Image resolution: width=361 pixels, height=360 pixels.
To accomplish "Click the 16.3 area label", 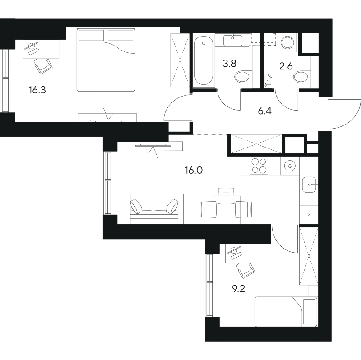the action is pos(37,90).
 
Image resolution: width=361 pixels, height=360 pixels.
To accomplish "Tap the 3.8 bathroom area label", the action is pos(230,63).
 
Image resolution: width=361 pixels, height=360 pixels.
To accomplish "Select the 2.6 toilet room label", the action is pos(286,66).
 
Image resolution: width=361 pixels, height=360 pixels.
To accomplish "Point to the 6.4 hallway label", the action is pos(265,111).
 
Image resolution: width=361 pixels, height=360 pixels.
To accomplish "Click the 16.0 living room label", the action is pos(194,171).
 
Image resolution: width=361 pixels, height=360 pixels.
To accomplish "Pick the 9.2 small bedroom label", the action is pos(238,289).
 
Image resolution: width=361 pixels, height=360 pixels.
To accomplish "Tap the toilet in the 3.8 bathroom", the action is pos(242,77).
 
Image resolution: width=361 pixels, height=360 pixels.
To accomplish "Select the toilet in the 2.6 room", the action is pos(301,77).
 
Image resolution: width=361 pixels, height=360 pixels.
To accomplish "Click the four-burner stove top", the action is pos(259,166).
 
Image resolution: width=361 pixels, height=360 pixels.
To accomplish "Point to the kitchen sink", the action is pos(309,185).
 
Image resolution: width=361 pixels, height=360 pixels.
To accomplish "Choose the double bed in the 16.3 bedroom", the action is pos(106,60).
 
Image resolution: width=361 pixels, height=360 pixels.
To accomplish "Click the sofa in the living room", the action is pos(154,208).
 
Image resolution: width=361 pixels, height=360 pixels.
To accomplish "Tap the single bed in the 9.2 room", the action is pos(286,311).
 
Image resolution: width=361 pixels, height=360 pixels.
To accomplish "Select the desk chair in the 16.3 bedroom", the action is pos(43,66).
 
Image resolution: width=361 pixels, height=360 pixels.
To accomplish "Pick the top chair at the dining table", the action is pos(226,196).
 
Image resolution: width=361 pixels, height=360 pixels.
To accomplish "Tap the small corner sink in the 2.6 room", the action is pos(268,81).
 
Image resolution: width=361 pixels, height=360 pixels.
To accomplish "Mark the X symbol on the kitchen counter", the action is pos(309,215).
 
